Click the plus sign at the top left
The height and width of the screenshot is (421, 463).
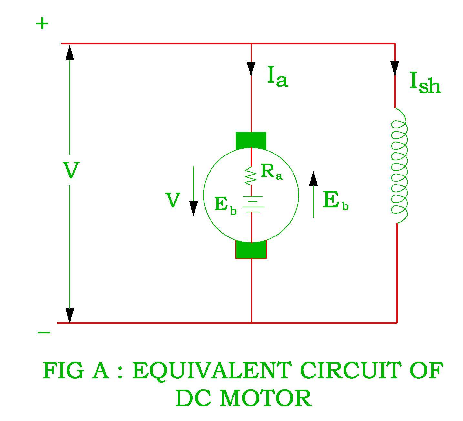tap(42, 24)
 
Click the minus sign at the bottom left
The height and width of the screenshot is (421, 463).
tap(44, 333)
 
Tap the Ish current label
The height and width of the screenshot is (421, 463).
tap(425, 83)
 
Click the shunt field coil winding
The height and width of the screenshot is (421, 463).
tap(399, 165)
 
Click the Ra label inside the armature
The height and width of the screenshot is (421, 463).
tap(271, 172)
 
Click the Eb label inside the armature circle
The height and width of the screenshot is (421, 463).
tap(225, 205)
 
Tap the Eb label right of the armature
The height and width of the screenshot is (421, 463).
tap(335, 201)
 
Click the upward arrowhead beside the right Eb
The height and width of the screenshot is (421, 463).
tap(313, 179)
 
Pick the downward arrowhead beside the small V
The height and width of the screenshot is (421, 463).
tap(193, 208)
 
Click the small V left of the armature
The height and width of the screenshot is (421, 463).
tap(173, 200)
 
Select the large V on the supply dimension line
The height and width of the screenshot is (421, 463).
tap(71, 170)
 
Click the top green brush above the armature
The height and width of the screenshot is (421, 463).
tap(251, 140)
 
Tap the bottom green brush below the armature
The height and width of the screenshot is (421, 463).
tap(251, 251)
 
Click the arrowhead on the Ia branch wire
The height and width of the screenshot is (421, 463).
tap(251, 68)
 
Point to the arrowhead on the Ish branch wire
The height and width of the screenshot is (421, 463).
tap(395, 68)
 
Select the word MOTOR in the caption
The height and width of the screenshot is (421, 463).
tap(265, 398)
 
